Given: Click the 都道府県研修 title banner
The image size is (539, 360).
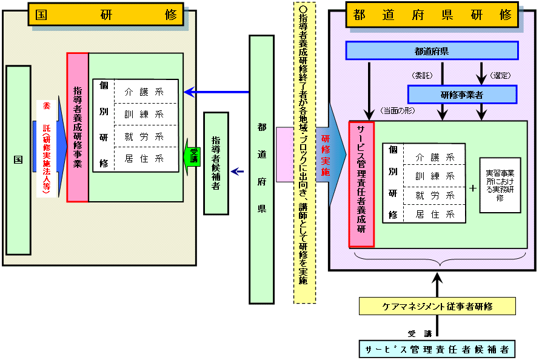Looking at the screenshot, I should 432,15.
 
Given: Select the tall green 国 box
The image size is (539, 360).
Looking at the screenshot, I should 18,160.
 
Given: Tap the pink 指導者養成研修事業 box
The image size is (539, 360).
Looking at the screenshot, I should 78,127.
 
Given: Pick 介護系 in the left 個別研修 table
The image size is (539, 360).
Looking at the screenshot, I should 146,93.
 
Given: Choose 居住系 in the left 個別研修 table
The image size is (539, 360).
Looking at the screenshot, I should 146,159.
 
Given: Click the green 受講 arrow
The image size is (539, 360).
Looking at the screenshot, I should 192,154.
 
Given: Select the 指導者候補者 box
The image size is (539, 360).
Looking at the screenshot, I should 216,163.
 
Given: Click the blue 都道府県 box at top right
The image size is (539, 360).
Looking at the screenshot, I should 432,50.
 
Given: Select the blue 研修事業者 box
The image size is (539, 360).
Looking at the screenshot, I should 461,94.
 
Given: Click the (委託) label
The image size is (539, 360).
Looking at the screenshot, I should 423,76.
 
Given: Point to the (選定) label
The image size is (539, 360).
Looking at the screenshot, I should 501,76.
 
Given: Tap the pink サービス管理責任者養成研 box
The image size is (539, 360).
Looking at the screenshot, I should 362,184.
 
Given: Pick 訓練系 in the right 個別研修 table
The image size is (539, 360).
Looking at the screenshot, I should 435,176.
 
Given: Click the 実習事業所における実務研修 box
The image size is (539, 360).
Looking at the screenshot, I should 500,185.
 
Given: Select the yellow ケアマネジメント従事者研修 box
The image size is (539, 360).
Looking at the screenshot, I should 437,306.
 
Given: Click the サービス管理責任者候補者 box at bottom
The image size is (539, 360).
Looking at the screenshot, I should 437,349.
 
